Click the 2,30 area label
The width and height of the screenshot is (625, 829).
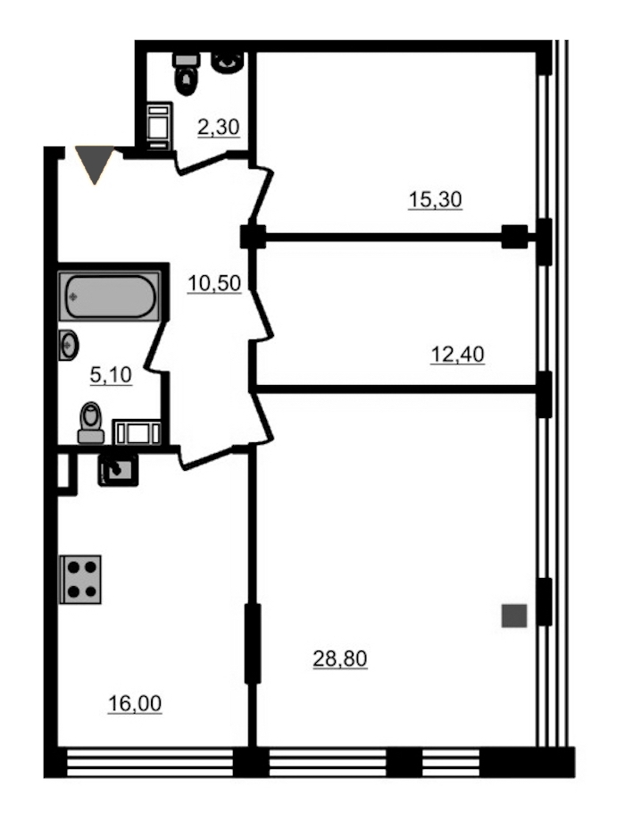tap(218, 128)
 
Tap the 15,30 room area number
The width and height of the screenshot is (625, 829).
tap(435, 200)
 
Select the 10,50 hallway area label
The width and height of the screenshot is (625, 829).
tap(214, 283)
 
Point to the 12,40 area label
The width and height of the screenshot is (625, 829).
tap(457, 355)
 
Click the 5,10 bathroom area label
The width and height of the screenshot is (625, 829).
tap(111, 375)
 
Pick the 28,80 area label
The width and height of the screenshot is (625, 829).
tap(339, 658)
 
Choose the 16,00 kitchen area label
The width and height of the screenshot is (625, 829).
tap(135, 704)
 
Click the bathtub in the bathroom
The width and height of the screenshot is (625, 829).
tap(110, 296)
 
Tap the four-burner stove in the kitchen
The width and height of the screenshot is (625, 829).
tap(80, 580)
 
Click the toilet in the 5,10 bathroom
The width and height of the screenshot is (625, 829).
tap(91, 423)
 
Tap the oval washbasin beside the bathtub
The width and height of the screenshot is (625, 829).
tap(68, 345)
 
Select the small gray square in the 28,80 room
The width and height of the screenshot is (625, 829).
tap(514, 615)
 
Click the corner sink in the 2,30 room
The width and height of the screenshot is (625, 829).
tap(228, 63)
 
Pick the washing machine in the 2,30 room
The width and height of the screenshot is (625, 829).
tap(159, 126)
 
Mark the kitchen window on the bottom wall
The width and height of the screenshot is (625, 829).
tap(150, 762)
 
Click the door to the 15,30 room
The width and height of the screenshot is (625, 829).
tap(261, 194)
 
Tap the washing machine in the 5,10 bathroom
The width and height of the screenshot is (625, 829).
tap(137, 432)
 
